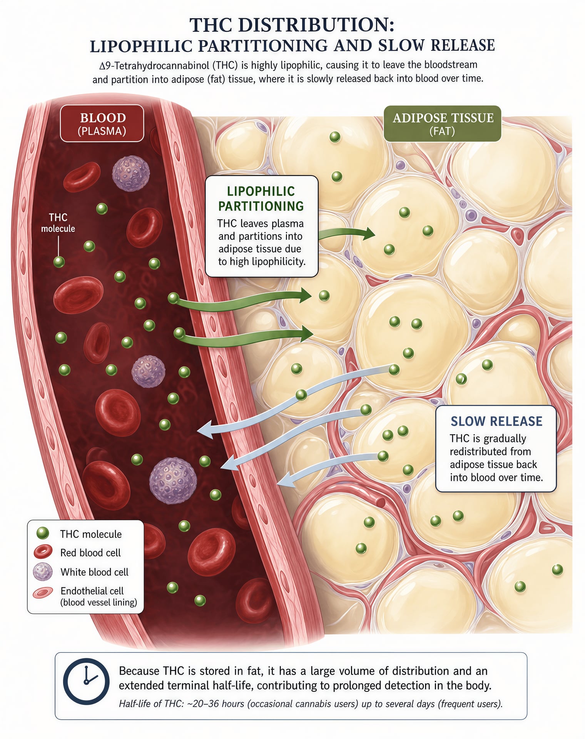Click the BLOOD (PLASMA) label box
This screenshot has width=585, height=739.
[x=102, y=123]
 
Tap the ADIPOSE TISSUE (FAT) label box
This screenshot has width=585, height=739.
[x=443, y=124]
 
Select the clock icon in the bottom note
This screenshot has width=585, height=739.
[x=86, y=681]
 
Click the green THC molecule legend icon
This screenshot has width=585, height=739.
[x=42, y=533]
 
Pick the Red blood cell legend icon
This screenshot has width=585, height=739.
[x=43, y=552]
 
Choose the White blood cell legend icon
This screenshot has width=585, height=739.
[x=43, y=572]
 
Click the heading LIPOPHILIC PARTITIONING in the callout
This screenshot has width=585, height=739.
[x=261, y=199]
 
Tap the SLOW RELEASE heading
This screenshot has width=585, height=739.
[x=496, y=421]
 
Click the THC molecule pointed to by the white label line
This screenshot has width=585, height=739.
[x=59, y=262]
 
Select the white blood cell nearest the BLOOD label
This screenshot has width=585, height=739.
[x=131, y=173]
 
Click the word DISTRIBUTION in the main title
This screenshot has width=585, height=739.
[x=315, y=25]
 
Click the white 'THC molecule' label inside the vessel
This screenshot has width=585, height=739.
[x=58, y=223]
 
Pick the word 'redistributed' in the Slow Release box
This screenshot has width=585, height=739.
[x=490, y=451]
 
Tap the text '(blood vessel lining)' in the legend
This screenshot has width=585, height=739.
[x=99, y=602]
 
